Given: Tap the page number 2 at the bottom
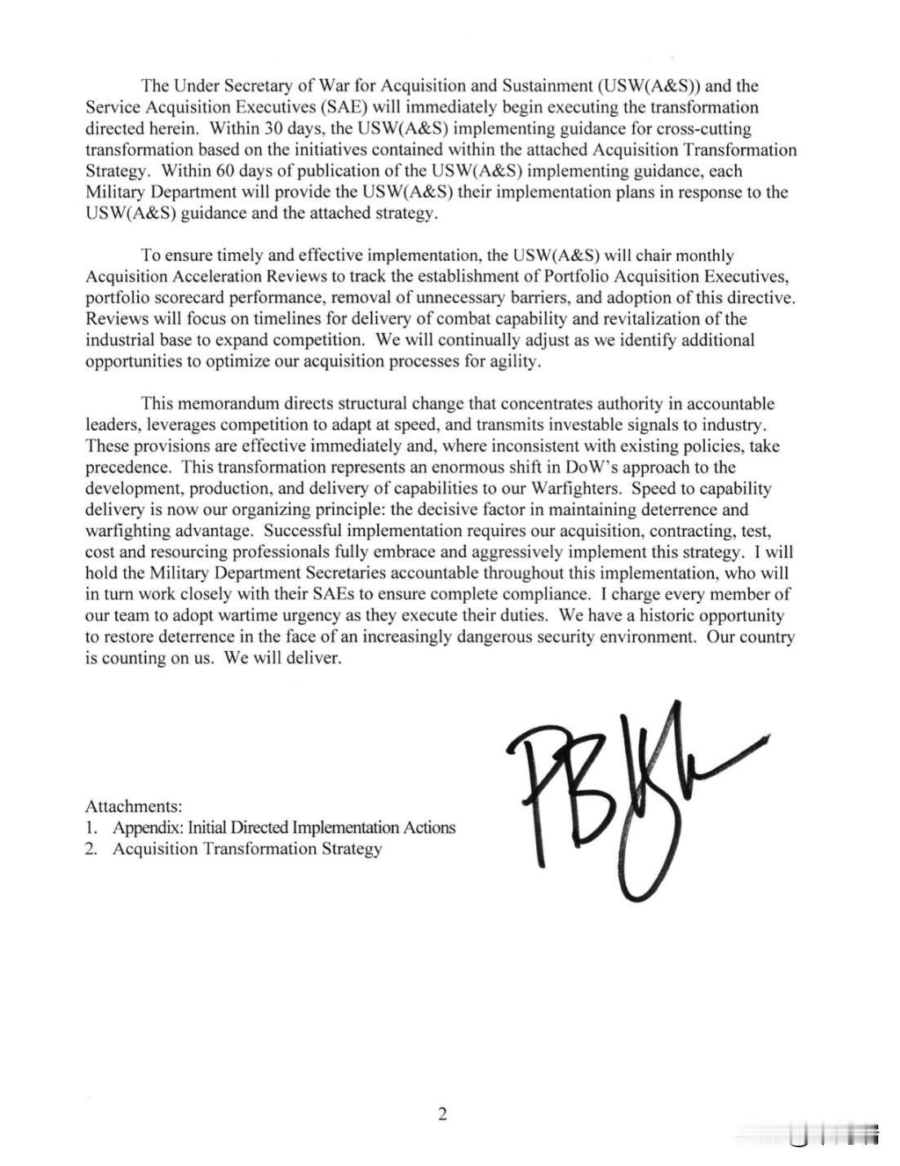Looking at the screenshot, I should click(x=442, y=1114).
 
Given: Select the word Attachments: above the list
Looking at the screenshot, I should click(x=134, y=806).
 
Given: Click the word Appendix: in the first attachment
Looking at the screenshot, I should click(x=147, y=827).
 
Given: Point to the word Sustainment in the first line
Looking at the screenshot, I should click(x=547, y=86).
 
